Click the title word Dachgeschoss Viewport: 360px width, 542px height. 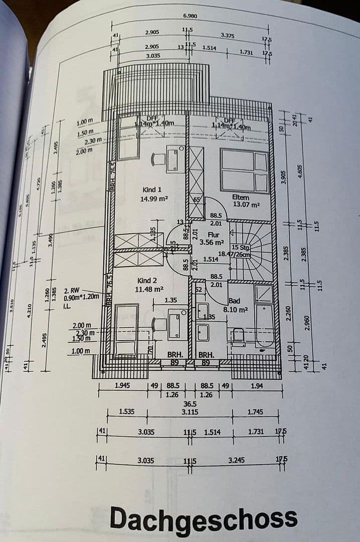click(203, 518)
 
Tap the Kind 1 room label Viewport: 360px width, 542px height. click(152, 190)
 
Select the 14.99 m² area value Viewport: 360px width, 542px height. click(154, 198)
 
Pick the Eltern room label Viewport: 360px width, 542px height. click(241, 197)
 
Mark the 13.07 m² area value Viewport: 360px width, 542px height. click(246, 205)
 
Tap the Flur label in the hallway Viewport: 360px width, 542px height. click(214, 234)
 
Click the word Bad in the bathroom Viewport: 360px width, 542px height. click(234, 301)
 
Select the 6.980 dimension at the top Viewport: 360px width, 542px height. click(190, 16)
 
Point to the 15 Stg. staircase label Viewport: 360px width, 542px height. click(242, 247)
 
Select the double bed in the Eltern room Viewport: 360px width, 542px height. click(245, 171)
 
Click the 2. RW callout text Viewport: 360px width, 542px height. click(71, 290)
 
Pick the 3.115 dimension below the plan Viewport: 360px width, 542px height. click(190, 412)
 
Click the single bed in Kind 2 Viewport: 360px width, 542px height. click(126, 330)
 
